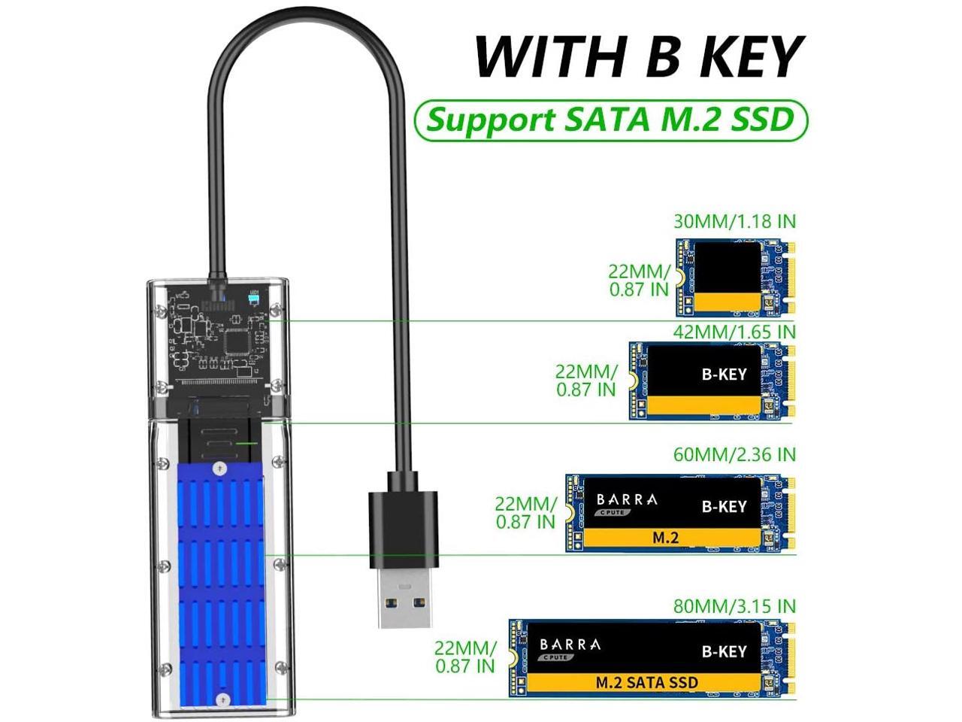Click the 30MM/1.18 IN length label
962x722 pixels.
(x=735, y=222)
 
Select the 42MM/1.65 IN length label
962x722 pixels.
(x=735, y=332)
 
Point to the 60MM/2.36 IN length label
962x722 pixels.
(x=735, y=455)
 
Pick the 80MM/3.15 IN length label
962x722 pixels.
(x=735, y=606)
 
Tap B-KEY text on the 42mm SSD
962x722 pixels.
(x=724, y=374)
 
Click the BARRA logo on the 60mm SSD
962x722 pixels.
(x=626, y=500)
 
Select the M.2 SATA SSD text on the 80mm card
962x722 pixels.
(x=646, y=683)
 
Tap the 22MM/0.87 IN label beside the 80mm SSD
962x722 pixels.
(x=465, y=657)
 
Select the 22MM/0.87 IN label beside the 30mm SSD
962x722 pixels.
(x=639, y=280)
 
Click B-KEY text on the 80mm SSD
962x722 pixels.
(x=723, y=651)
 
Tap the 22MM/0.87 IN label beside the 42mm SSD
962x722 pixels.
(x=586, y=380)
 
